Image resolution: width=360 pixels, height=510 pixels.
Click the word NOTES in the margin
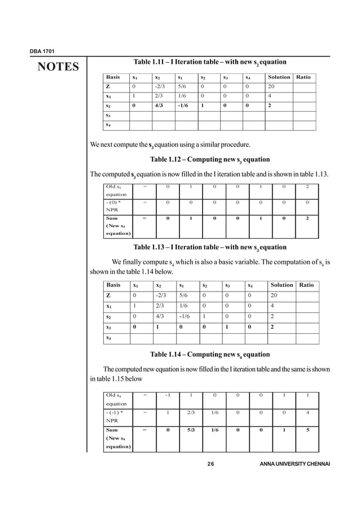tap(58, 68)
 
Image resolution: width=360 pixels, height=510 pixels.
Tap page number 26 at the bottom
tap(211, 464)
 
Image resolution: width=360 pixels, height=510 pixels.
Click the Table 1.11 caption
tap(210, 62)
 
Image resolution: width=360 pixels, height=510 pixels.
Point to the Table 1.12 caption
tap(210, 159)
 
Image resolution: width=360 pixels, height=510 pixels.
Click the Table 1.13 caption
tap(210, 247)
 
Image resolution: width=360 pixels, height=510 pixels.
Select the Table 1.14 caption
tap(210, 355)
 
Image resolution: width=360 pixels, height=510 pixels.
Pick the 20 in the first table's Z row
tap(272, 86)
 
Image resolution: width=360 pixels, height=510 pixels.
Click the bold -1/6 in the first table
tap(182, 106)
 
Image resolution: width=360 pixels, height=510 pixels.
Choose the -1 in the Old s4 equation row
tap(168, 395)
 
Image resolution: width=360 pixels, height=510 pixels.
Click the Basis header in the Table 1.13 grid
tap(113, 285)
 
